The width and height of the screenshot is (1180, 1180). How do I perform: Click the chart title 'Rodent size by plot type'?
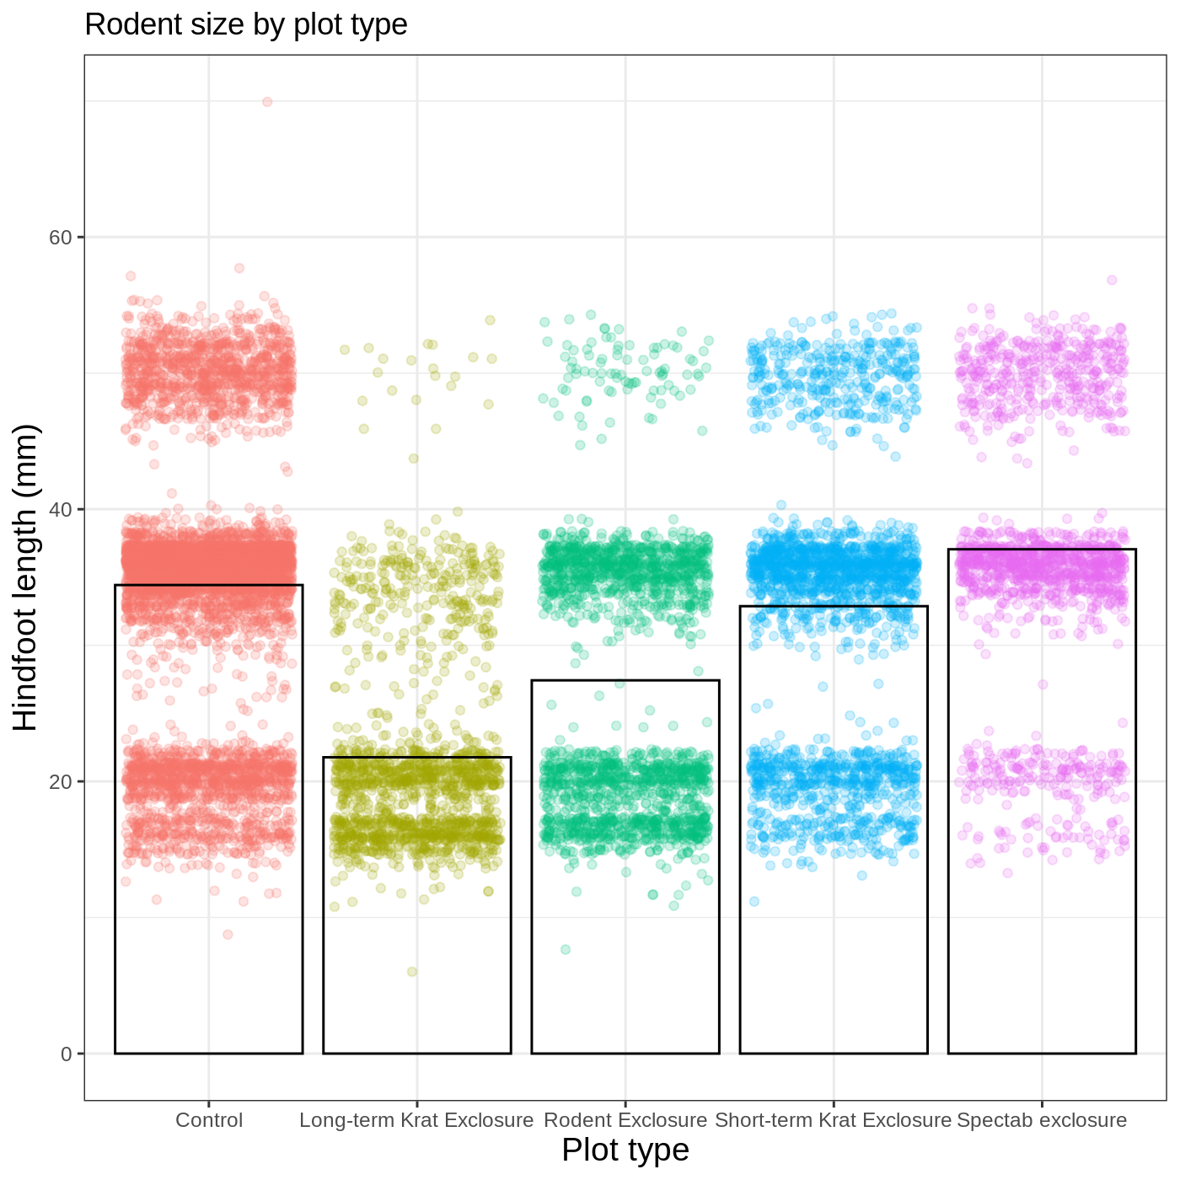(245, 25)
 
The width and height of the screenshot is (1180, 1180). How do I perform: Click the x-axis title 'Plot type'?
(625, 1150)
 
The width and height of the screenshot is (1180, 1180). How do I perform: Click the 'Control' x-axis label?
(208, 1121)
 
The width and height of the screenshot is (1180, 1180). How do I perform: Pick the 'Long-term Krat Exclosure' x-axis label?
(416, 1121)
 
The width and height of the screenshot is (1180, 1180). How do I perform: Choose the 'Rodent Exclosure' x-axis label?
(625, 1121)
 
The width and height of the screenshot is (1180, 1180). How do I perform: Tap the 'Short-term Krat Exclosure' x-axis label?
(833, 1121)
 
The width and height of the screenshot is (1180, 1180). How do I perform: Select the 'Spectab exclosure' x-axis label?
(1042, 1121)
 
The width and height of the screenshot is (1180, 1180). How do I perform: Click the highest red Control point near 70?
(267, 102)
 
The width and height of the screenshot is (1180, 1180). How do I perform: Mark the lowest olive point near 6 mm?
(412, 972)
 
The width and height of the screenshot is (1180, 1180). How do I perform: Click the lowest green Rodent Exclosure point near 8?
(566, 950)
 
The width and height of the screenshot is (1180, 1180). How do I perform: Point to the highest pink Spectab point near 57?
(1112, 280)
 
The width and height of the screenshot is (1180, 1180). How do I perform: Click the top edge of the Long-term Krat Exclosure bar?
(416, 758)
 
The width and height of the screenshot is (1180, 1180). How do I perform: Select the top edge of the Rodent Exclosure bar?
(625, 680)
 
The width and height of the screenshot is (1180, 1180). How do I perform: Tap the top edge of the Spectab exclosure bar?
(1042, 550)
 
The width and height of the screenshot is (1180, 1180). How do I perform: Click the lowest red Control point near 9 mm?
(228, 935)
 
